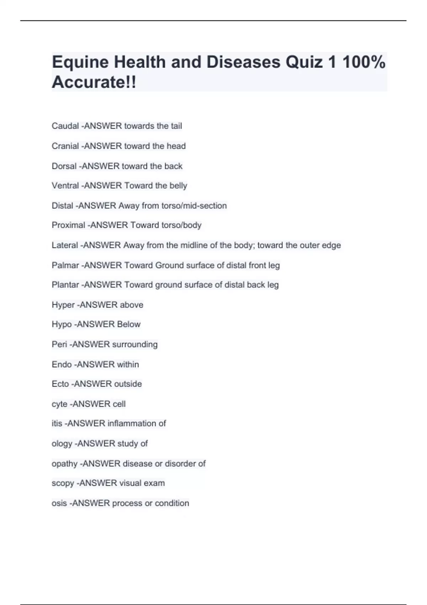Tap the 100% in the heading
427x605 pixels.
[364, 62]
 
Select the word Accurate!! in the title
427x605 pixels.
[94, 82]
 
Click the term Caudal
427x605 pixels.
[65, 126]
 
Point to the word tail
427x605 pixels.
[176, 126]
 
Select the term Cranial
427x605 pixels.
[65, 146]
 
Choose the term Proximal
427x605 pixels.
[68, 225]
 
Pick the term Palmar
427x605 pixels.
[65, 265]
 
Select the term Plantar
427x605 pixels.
[65, 285]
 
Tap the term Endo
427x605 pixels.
[62, 364]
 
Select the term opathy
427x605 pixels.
[64, 464]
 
